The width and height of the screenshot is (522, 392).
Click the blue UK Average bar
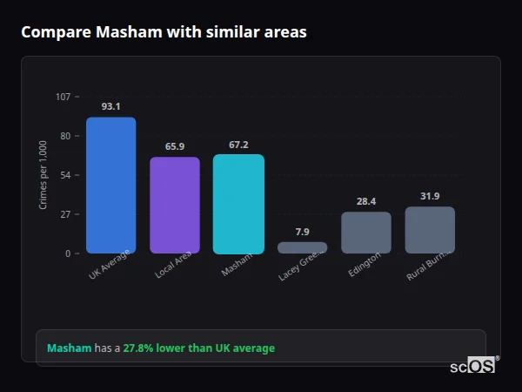pos(110,186)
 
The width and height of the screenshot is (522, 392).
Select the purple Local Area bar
pos(175,206)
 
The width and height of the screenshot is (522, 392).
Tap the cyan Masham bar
pos(238,204)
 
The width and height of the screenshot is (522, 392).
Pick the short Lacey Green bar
pos(302,247)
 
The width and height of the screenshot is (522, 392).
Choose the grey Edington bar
pos(365,233)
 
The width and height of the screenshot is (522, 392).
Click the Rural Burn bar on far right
pos(430,230)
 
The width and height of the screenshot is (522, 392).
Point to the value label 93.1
pos(110,106)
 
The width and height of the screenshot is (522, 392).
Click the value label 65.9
pos(175,146)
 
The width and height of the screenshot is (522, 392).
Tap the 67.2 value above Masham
pos(238,145)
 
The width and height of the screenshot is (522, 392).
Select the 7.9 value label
pos(302,232)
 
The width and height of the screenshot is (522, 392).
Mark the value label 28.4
pos(365,201)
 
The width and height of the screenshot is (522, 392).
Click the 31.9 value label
pos(430,196)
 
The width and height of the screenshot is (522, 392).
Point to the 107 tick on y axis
pos(63,97)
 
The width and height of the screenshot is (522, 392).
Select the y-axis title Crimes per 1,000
pos(43,175)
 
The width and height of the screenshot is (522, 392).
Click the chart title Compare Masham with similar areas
pos(164,32)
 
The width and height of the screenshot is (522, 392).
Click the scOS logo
pos(472,366)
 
